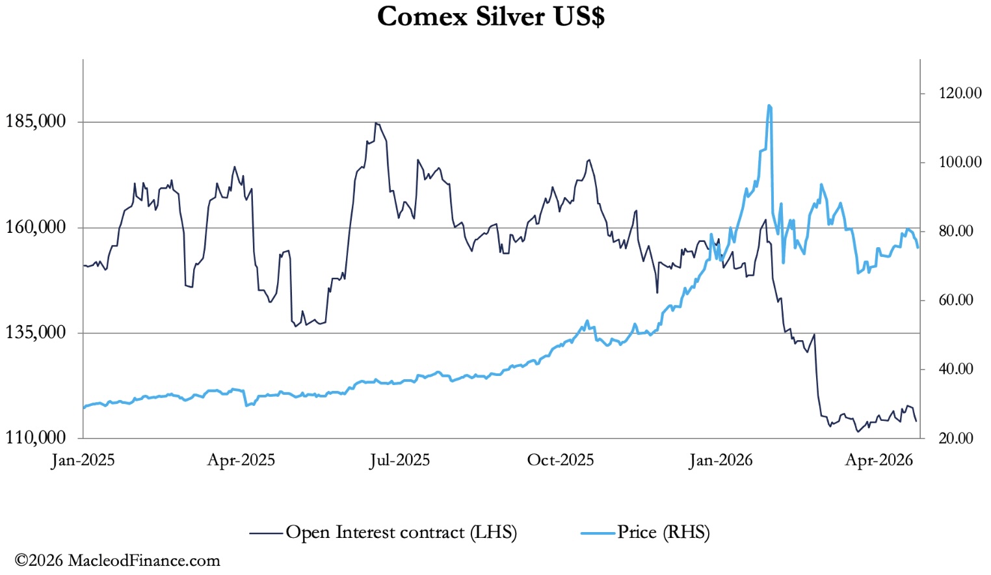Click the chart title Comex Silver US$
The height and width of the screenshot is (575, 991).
click(491, 17)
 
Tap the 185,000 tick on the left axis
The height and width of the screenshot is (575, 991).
click(36, 122)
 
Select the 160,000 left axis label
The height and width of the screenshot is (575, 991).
click(36, 227)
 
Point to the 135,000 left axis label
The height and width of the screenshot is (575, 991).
click(36, 332)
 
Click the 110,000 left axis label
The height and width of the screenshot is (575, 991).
click(36, 438)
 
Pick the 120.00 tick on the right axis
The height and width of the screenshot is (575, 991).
click(960, 93)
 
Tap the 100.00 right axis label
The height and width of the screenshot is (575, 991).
click(960, 162)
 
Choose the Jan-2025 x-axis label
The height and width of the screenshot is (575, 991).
click(83, 461)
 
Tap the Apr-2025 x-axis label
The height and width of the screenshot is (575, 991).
click(241, 461)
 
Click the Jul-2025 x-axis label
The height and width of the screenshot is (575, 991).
click(400, 461)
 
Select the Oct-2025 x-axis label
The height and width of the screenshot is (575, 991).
click(561, 461)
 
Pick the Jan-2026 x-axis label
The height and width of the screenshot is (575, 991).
click(720, 461)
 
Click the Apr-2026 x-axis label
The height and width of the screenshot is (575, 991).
click(879, 461)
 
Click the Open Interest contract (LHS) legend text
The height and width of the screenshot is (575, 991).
click(401, 533)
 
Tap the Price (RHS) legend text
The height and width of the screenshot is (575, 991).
click(663, 533)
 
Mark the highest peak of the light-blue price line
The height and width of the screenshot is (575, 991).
click(769, 105)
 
